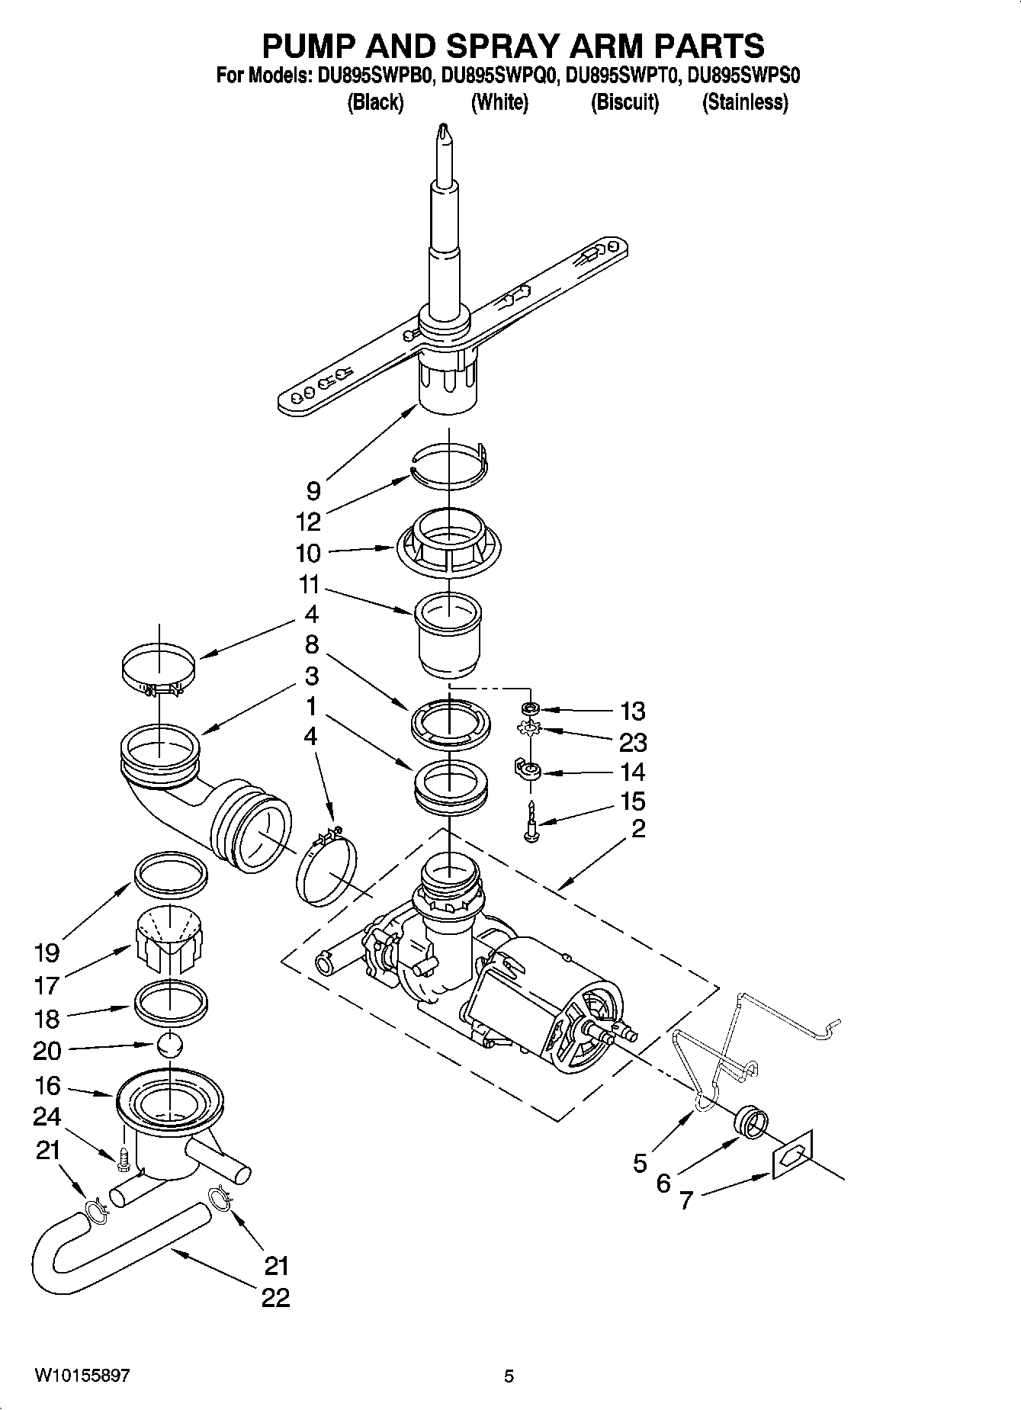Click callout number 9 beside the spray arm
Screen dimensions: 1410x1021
point(313,489)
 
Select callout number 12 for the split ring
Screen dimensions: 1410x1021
point(309,522)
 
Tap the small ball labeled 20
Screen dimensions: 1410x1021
point(171,1045)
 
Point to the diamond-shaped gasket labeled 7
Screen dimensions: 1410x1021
point(793,1155)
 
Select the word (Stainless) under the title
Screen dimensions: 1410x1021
point(745,102)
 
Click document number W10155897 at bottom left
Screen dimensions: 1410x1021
point(82,1376)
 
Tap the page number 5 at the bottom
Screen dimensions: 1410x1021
point(509,1376)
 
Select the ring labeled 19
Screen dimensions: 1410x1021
point(171,872)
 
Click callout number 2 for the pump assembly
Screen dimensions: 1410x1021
point(637,828)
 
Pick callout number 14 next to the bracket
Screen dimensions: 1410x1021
point(632,772)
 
